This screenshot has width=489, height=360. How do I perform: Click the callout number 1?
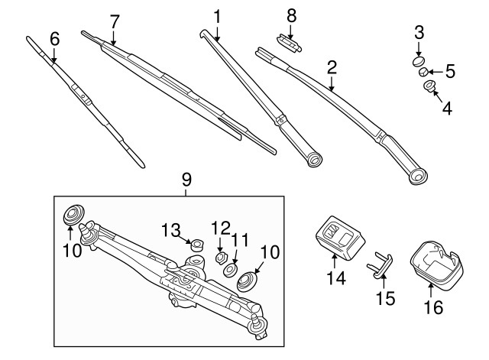click(x=217, y=15)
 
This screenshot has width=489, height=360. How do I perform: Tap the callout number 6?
click(x=53, y=38)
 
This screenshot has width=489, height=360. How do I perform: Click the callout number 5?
click(x=450, y=73)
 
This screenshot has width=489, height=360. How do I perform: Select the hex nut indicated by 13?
click(x=195, y=245)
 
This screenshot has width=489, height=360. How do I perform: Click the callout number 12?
click(x=220, y=226)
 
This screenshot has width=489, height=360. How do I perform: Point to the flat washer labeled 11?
click(x=229, y=271)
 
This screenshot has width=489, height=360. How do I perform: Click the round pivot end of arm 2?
click(x=417, y=177)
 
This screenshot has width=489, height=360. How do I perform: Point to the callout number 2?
click(x=332, y=66)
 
